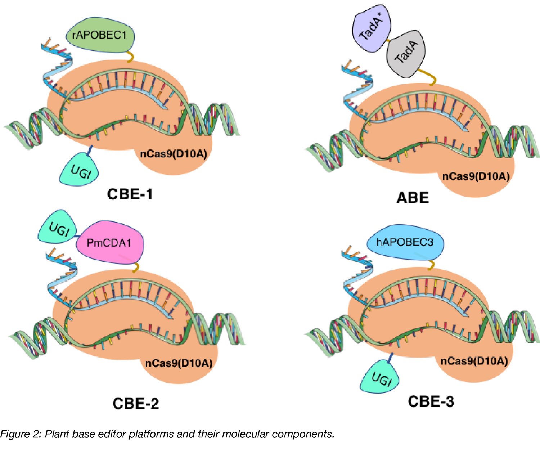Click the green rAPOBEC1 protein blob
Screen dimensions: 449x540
(100, 36)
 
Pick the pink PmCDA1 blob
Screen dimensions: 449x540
(109, 243)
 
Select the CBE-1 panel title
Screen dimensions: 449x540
(130, 194)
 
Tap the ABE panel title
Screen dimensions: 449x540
(413, 198)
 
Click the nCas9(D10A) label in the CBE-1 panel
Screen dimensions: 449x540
(174, 154)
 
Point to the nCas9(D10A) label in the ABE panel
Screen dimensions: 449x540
(476, 176)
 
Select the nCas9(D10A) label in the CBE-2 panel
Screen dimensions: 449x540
(179, 363)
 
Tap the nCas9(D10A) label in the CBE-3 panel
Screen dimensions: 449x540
(474, 361)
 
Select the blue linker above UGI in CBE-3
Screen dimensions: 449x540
(390, 357)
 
